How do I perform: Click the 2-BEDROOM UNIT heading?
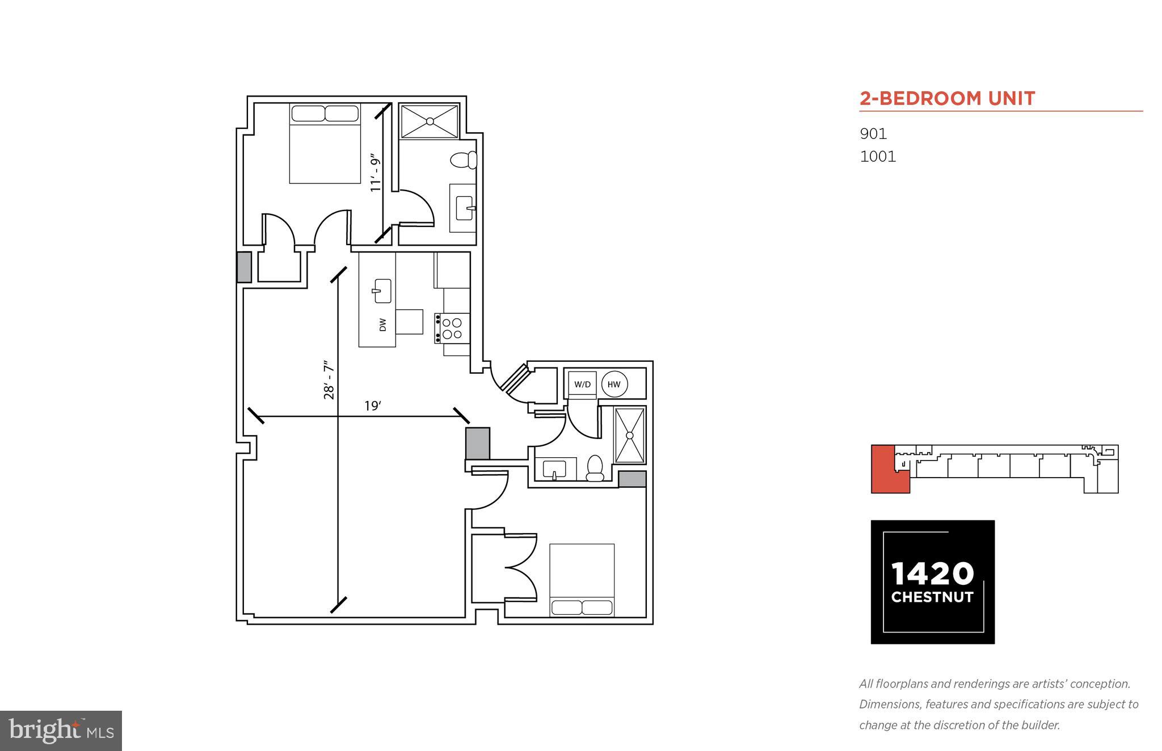point(947,99)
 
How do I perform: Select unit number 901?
point(873,134)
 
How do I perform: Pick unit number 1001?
point(878,157)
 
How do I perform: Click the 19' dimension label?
point(373,406)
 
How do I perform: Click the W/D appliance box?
point(582,384)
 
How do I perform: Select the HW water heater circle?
point(614,384)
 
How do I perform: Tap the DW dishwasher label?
point(382,325)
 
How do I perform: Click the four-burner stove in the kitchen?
point(452,328)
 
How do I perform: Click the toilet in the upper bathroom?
point(463,161)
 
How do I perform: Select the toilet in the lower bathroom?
point(595,468)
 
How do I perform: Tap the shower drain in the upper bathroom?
point(430,121)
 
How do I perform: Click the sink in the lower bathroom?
point(554,469)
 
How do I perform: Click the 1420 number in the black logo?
point(932,574)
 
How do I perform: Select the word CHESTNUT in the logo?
point(932,597)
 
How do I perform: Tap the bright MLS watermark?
point(61,731)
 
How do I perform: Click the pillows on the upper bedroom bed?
point(325,113)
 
